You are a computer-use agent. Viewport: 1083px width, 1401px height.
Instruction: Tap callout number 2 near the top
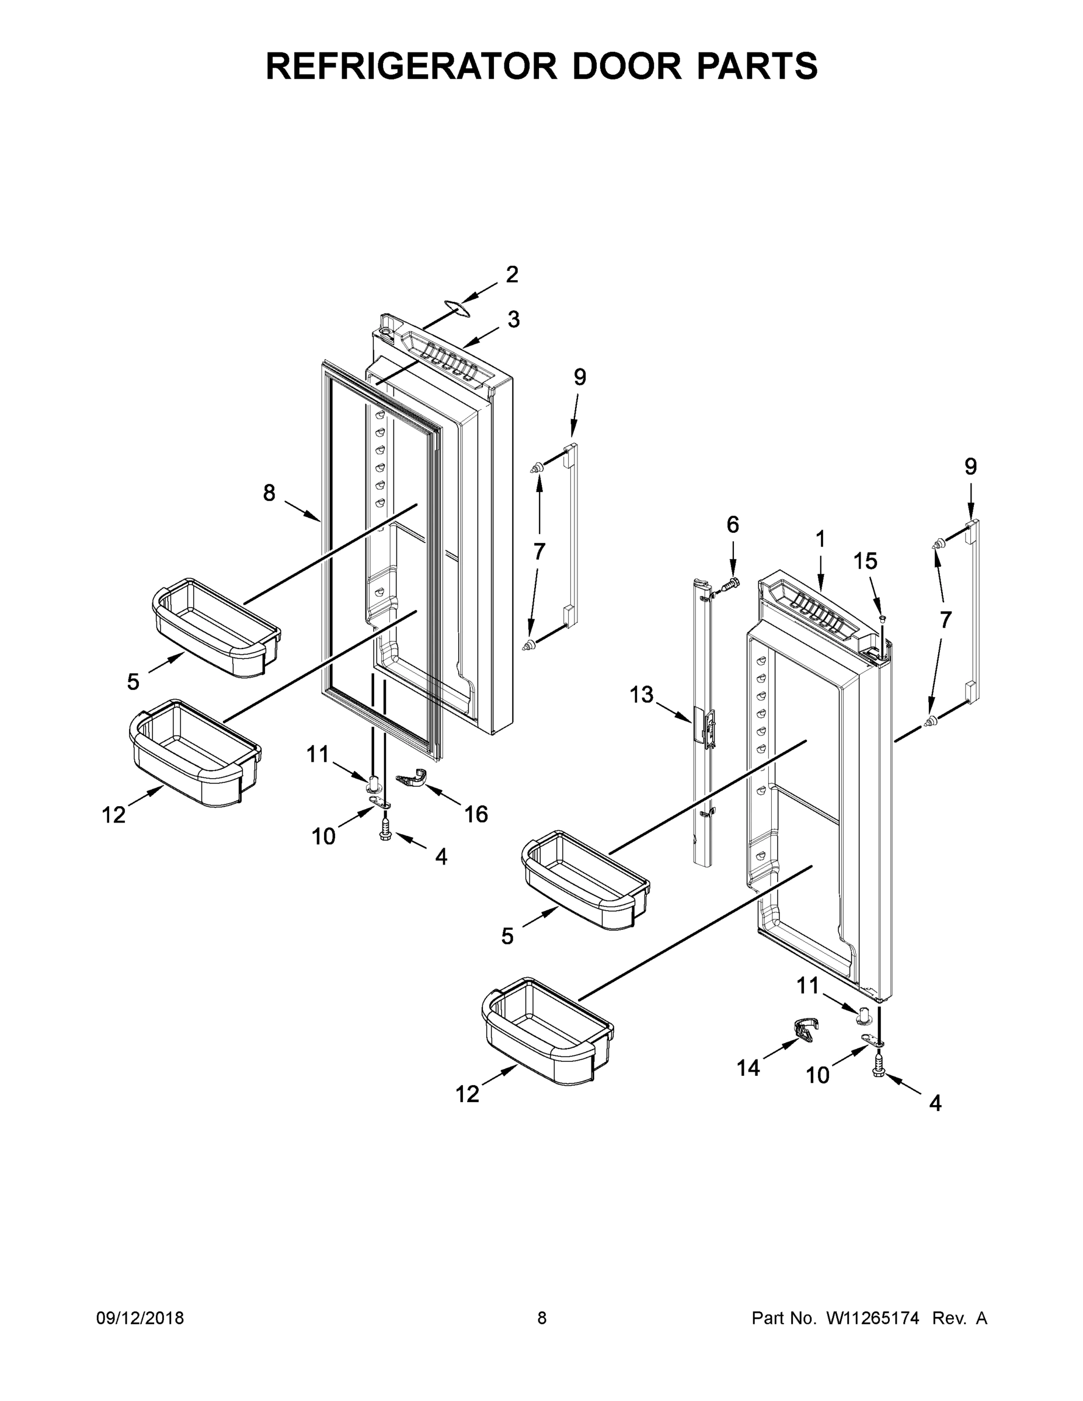(511, 274)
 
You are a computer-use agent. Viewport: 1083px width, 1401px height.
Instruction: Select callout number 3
(513, 319)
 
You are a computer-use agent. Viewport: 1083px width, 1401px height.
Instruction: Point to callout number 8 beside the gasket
(269, 493)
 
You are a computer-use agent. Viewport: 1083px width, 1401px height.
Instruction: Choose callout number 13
(641, 694)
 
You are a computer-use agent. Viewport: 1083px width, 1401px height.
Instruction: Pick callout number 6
(733, 525)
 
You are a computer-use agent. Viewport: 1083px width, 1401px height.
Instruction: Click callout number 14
(748, 1068)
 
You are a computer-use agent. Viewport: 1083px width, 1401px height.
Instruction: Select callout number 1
(820, 539)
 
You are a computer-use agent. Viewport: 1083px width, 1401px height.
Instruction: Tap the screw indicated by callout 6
(731, 584)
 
